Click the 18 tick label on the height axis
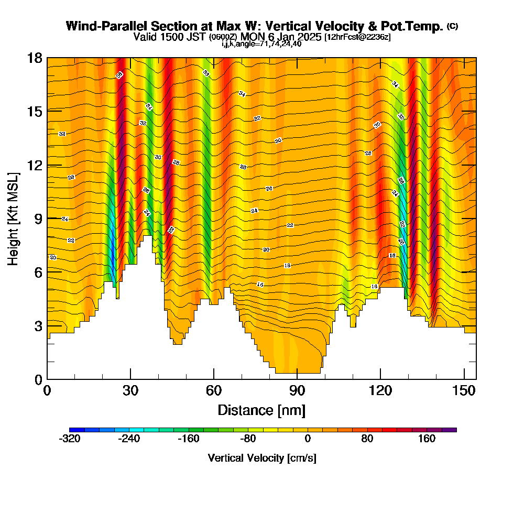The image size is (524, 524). pyautogui.click(x=35, y=58)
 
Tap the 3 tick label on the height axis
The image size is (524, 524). pyautogui.click(x=38, y=326)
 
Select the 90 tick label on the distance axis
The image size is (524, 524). pyautogui.click(x=297, y=390)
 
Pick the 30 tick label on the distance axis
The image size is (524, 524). pyautogui.click(x=130, y=390)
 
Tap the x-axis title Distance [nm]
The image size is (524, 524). pyautogui.click(x=261, y=410)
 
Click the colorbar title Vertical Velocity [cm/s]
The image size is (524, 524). pyautogui.click(x=262, y=458)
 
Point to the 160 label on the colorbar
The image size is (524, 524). pyautogui.click(x=427, y=439)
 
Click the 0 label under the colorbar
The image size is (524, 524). pyautogui.click(x=308, y=439)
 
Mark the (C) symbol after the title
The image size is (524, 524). pyautogui.click(x=452, y=26)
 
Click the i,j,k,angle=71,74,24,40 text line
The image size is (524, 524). pyautogui.click(x=261, y=44)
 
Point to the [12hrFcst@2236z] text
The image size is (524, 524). pyautogui.click(x=357, y=37)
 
